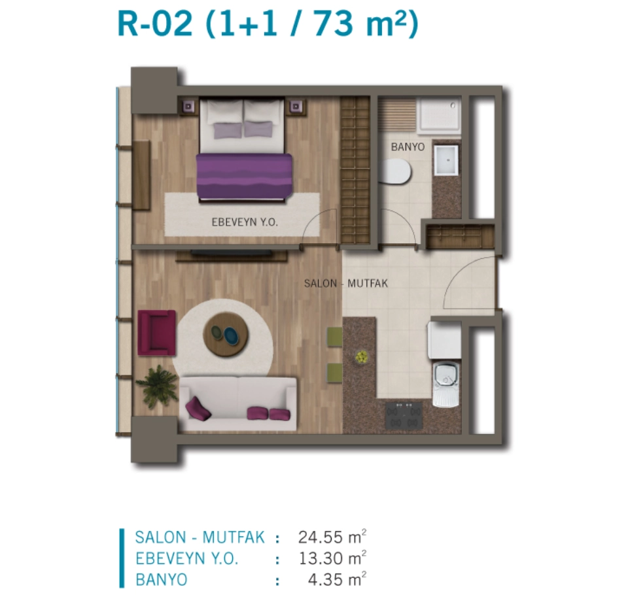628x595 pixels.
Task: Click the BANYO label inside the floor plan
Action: pyautogui.click(x=408, y=147)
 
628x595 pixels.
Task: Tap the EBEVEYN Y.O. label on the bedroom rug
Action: pyautogui.click(x=244, y=222)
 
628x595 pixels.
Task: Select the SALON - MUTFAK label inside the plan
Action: pyautogui.click(x=346, y=284)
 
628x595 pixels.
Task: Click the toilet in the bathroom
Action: pyautogui.click(x=395, y=171)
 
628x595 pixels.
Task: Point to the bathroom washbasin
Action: pyautogui.click(x=446, y=160)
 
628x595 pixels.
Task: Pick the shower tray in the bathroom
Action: pyautogui.click(x=439, y=116)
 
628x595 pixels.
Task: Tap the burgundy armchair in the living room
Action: pyautogui.click(x=156, y=333)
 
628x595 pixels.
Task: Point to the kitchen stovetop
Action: pyautogui.click(x=404, y=415)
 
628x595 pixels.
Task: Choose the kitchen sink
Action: pyautogui.click(x=445, y=384)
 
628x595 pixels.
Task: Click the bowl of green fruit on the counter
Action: pyautogui.click(x=361, y=357)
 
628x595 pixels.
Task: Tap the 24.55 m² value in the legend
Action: pyautogui.click(x=332, y=537)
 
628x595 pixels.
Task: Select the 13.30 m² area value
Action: pyautogui.click(x=332, y=558)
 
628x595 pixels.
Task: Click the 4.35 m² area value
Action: pyautogui.click(x=337, y=579)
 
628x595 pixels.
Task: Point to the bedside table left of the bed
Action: pyautogui.click(x=188, y=107)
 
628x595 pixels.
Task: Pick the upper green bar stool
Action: pyautogui.click(x=334, y=337)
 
